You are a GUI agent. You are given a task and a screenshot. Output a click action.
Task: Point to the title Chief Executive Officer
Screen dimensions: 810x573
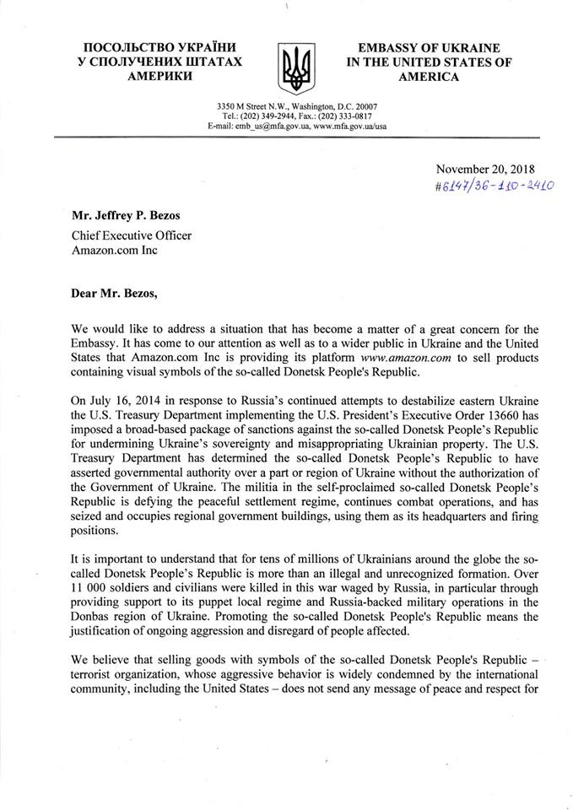coord(132,235)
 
